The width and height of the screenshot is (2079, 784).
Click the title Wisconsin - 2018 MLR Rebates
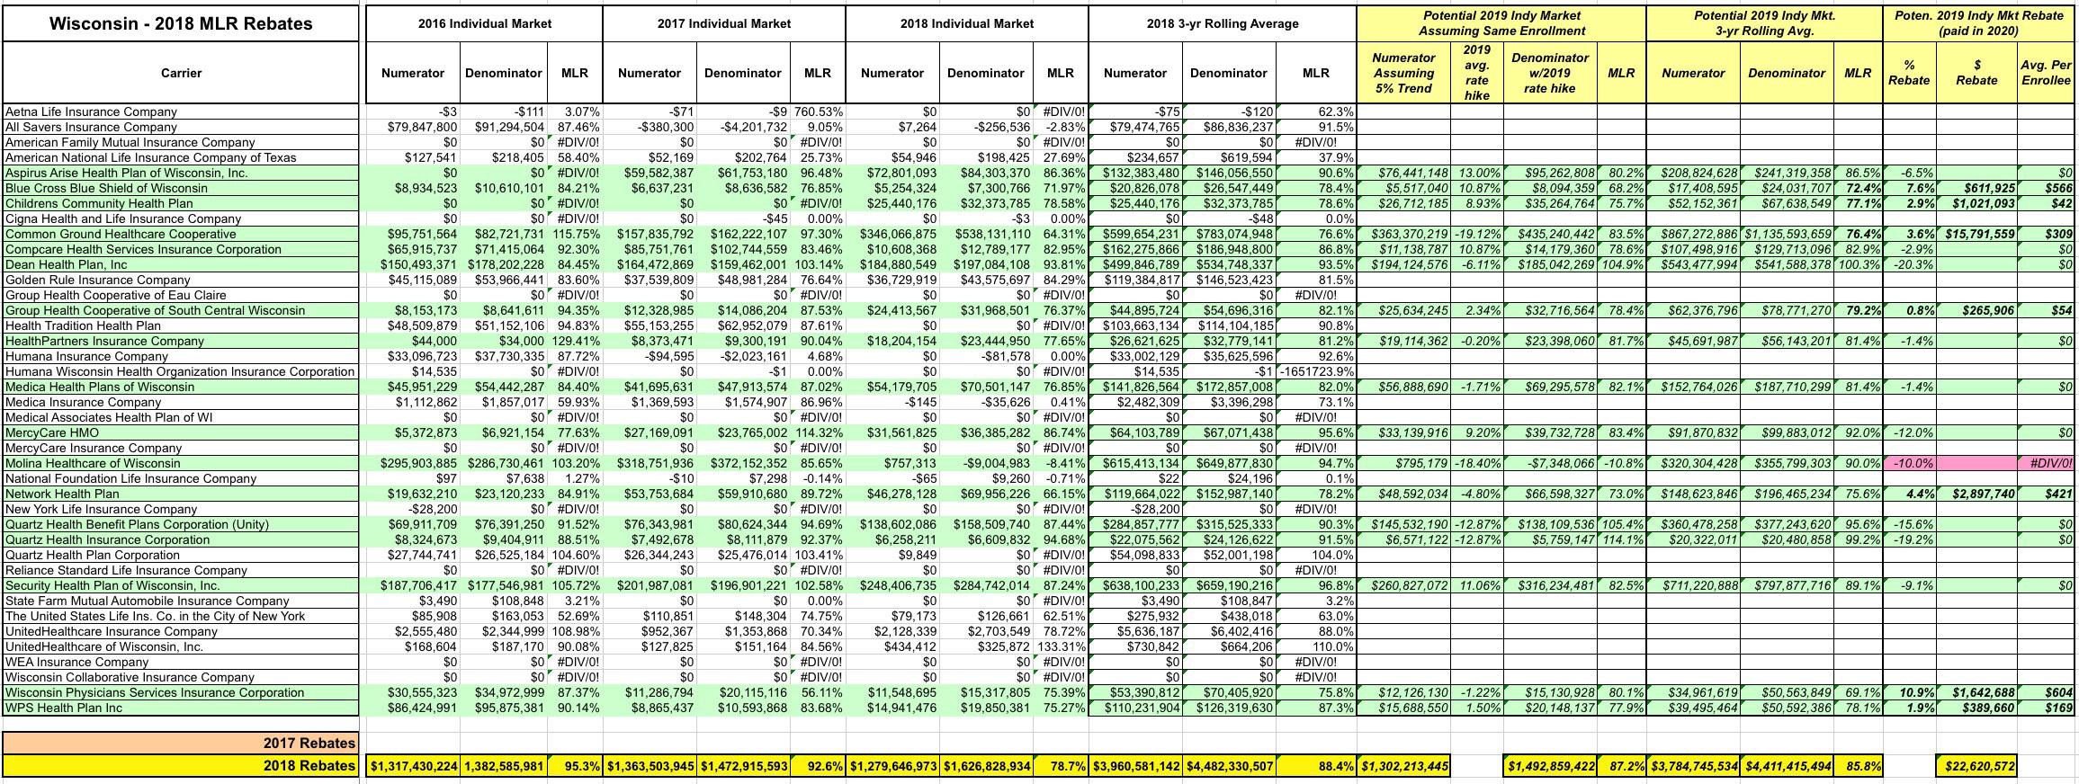tap(181, 23)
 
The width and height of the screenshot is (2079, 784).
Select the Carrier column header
tap(181, 73)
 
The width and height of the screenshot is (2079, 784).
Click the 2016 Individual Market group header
tap(484, 23)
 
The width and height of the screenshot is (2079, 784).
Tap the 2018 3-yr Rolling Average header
tap(1222, 23)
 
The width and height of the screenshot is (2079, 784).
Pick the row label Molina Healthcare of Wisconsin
tap(93, 463)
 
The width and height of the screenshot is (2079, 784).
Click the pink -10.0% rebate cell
tap(1909, 463)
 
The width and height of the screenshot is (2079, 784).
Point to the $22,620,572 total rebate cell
tap(1976, 766)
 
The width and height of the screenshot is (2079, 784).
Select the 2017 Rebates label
tap(309, 743)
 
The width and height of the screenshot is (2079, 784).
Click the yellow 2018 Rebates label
tap(309, 766)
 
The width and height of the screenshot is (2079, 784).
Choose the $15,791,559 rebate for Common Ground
tap(1976, 234)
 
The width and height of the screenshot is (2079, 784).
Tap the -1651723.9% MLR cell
tap(1315, 371)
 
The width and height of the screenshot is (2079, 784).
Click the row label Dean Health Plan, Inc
tap(67, 264)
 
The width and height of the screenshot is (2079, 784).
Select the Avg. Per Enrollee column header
tap(2046, 73)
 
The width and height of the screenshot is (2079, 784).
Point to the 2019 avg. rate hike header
tap(1476, 73)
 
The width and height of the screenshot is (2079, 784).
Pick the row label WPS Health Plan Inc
tap(64, 708)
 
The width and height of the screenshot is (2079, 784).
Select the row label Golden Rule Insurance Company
tap(98, 280)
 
